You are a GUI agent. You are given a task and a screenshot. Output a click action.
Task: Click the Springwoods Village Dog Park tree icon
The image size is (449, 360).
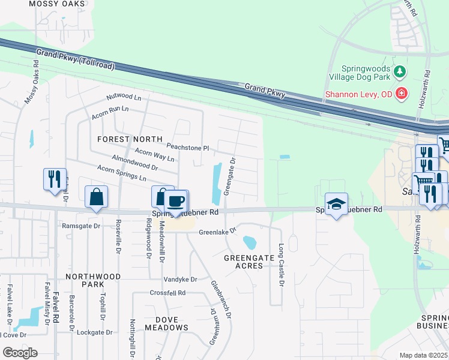[400, 73]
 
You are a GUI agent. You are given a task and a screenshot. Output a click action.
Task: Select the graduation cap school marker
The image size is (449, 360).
[336, 205]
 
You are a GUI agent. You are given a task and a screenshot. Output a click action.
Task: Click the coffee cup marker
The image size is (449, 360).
[176, 202]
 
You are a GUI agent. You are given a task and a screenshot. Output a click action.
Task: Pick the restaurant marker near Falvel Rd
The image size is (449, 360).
[54, 179]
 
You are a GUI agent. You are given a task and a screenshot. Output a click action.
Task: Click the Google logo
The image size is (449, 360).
[20, 353]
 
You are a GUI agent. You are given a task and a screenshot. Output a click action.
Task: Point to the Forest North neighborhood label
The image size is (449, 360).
[122, 139]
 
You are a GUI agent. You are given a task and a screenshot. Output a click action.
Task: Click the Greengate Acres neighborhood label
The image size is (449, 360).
[243, 261]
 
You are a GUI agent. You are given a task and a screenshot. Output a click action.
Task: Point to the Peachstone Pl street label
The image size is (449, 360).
[187, 147]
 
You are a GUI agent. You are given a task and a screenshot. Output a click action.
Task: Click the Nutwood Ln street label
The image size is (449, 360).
[123, 97]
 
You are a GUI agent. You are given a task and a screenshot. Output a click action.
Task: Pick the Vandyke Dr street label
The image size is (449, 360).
[180, 280]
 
